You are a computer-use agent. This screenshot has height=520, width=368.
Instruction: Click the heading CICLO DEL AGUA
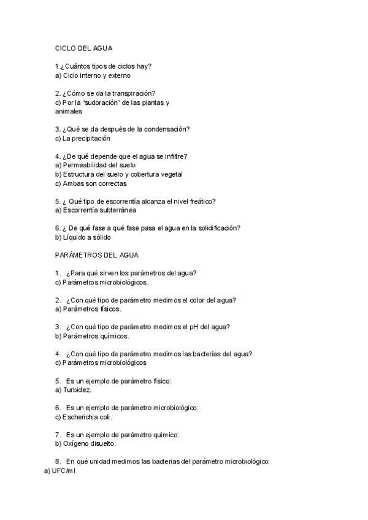[x=83, y=48]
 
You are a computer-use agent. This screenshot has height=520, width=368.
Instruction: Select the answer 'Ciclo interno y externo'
[x=96, y=76]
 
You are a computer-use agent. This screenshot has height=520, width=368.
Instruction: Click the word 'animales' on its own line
[x=68, y=112]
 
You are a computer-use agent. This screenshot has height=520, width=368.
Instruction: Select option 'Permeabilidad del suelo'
[x=99, y=165]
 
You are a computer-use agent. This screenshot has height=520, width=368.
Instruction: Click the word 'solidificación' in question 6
[x=216, y=228]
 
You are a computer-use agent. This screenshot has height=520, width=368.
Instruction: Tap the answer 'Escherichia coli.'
[x=86, y=417]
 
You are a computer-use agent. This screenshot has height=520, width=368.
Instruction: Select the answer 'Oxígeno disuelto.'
[x=88, y=443]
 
